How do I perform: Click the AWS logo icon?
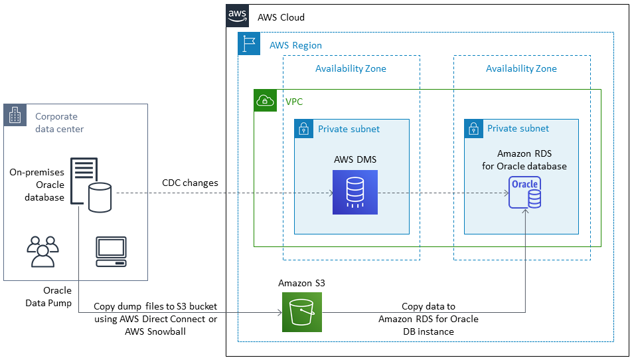[238, 15]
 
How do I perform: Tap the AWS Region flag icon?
[250, 44]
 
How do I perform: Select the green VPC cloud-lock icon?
[266, 101]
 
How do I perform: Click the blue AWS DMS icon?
[355, 193]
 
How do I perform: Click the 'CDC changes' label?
[190, 183]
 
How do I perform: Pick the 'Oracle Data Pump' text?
[57, 296]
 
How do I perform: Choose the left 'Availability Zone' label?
[351, 68]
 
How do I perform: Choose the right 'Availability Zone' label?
[521, 68]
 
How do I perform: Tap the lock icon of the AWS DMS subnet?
[304, 129]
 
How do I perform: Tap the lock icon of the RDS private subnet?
[474, 129]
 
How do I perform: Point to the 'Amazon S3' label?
[301, 283]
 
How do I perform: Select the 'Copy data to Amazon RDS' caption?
[428, 318]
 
